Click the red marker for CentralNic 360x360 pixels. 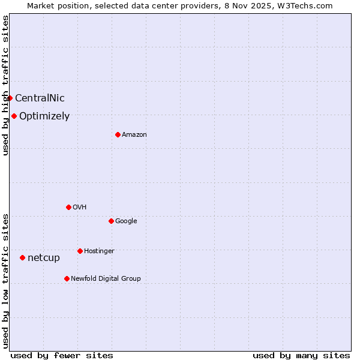click(x=10, y=98)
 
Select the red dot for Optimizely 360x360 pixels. click(x=14, y=116)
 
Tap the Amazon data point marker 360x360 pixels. click(x=118, y=134)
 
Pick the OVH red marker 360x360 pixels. click(x=68, y=207)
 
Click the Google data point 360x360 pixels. click(x=111, y=221)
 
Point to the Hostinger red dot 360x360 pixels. click(x=80, y=251)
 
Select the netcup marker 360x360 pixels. click(x=22, y=257)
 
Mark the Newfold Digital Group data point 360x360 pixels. click(x=67, y=278)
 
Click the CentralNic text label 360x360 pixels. click(x=40, y=98)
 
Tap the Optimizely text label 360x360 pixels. click(x=44, y=116)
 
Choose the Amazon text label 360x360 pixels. click(x=134, y=135)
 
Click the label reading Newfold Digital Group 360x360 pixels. click(x=106, y=278)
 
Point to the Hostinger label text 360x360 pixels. click(x=99, y=251)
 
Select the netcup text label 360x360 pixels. click(x=44, y=258)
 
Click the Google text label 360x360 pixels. click(x=126, y=221)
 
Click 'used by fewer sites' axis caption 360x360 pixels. click(x=62, y=356)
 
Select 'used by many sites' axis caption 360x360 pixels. click(x=301, y=356)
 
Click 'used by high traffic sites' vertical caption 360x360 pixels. click(x=5, y=85)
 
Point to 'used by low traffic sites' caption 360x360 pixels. click(x=5, y=281)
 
